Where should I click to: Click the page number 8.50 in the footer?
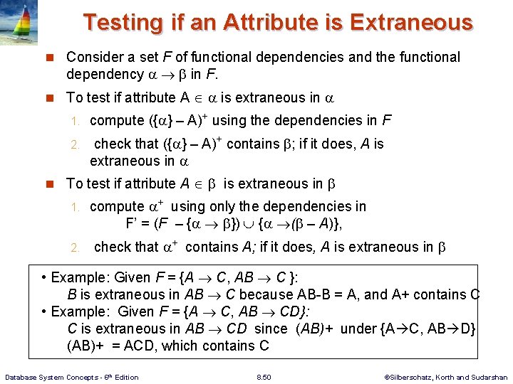tap(263, 377)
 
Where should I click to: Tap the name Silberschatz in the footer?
tap(411, 377)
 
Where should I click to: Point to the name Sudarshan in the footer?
tap(489, 377)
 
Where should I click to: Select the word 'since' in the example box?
tap(270, 329)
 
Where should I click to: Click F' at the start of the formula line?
tap(133, 223)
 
